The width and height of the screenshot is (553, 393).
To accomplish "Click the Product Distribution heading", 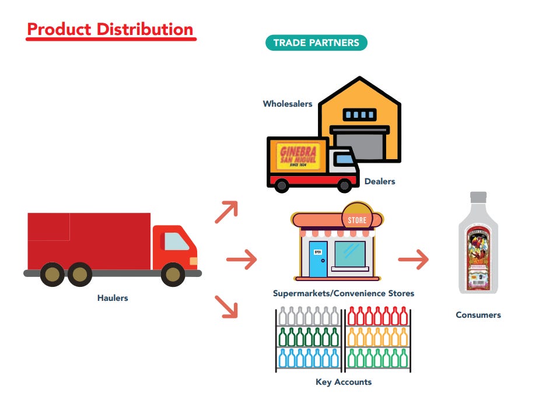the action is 110,30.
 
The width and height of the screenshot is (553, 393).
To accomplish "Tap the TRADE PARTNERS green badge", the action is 316,43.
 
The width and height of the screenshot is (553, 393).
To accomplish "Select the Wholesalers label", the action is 288,104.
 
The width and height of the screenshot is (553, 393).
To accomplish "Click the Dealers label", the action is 380,181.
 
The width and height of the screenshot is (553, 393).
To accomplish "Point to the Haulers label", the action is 113,298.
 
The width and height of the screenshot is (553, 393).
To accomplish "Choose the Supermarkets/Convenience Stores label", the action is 344,293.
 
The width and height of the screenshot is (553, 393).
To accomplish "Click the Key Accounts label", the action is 344,383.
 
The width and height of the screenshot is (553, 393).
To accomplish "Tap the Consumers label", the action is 478,315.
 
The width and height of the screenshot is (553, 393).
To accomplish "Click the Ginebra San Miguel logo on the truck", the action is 300,155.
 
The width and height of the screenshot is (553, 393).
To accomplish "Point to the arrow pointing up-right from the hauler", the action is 226,212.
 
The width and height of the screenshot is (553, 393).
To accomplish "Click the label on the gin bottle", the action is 478,256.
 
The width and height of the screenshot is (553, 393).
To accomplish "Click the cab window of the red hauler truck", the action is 176,241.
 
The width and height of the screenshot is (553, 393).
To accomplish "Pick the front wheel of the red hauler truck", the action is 173,274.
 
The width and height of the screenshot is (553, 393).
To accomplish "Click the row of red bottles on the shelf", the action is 378,317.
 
